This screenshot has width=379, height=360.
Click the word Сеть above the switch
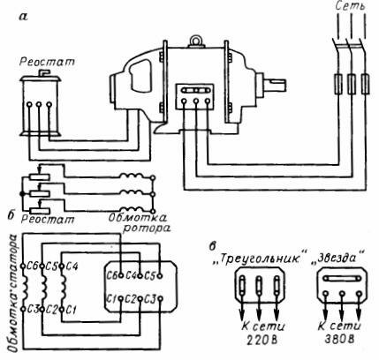click(x=351, y=7)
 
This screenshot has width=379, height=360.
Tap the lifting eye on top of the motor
click(x=195, y=41)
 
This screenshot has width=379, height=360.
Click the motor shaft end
click(x=277, y=85)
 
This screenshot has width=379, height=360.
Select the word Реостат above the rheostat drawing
click(x=47, y=62)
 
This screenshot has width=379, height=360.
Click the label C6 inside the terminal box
click(x=111, y=275)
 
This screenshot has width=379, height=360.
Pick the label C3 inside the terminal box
click(x=150, y=300)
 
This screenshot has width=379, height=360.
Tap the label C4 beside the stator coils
click(x=72, y=266)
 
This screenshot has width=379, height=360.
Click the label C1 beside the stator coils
click(x=72, y=310)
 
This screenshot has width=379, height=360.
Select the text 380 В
click(x=338, y=340)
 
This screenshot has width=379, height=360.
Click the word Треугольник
click(x=259, y=259)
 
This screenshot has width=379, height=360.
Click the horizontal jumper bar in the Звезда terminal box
click(x=342, y=278)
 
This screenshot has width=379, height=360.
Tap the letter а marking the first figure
click(x=23, y=17)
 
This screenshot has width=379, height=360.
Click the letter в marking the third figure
click(x=212, y=246)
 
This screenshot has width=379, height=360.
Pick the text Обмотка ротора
click(x=139, y=222)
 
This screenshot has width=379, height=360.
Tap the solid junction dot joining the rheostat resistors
click(x=22, y=194)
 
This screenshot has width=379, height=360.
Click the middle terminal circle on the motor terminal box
click(x=196, y=101)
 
